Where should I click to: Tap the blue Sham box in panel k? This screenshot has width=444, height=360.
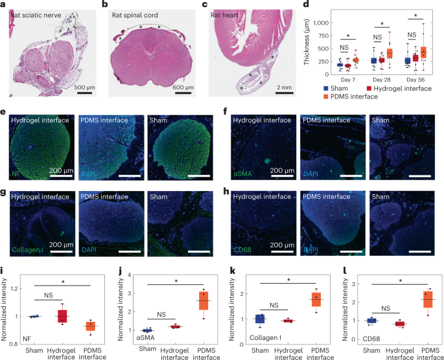tap(259, 319)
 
